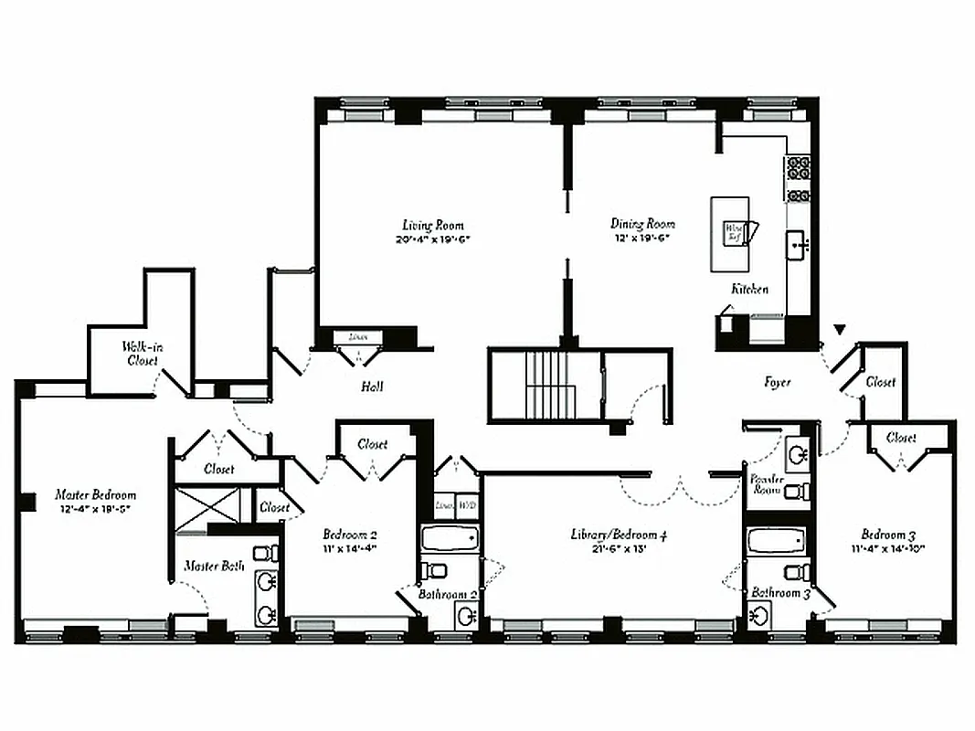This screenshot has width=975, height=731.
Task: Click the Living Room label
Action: click(433, 225)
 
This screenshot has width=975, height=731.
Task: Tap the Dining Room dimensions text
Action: click(641, 238)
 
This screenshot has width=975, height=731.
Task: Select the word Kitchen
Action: click(748, 289)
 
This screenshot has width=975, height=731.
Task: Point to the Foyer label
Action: click(778, 383)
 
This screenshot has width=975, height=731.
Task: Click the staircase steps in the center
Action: click(547, 384)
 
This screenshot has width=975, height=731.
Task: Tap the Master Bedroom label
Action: click(95, 494)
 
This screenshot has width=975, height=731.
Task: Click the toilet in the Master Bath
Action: click(266, 553)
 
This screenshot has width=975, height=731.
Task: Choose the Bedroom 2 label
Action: click(350, 535)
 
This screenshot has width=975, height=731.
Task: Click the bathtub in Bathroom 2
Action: click(449, 538)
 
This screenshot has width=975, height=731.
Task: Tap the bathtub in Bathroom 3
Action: click(776, 541)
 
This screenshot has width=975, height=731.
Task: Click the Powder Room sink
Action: click(798, 454)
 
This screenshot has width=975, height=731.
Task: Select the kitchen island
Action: click(730, 234)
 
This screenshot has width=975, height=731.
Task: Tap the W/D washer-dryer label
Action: click(467, 505)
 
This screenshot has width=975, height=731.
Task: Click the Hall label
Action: click(372, 387)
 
